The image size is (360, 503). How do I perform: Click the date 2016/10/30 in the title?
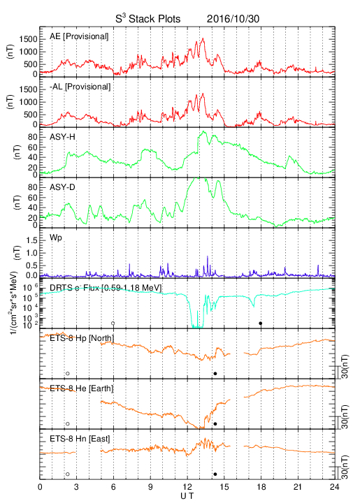point(233,19)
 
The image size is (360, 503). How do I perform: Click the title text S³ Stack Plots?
point(148,19)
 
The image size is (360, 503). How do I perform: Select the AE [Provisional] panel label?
point(79,36)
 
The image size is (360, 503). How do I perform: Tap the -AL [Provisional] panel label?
point(80,87)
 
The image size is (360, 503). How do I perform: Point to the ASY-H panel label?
point(62,137)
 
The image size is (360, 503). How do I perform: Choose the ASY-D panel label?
point(62,187)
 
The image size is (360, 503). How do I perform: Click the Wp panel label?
point(56,238)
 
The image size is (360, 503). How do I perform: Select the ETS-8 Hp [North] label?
point(82,338)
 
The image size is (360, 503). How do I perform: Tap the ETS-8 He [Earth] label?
point(82,388)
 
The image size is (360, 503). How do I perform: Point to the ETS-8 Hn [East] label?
point(80,439)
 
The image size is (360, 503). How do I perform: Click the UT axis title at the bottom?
point(187,496)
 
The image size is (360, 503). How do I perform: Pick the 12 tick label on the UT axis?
point(187,487)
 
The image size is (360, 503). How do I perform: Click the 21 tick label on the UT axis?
point(298,487)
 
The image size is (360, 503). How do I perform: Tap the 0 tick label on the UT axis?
point(40,487)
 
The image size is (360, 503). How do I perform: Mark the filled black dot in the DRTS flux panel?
point(261,323)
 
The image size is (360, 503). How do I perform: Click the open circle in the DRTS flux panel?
point(113,323)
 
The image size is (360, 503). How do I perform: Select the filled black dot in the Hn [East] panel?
point(215,474)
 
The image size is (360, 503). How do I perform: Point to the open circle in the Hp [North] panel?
point(68,373)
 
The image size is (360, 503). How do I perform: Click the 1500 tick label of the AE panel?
point(28,39)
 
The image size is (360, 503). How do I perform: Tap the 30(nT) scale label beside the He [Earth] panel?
point(345,416)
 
